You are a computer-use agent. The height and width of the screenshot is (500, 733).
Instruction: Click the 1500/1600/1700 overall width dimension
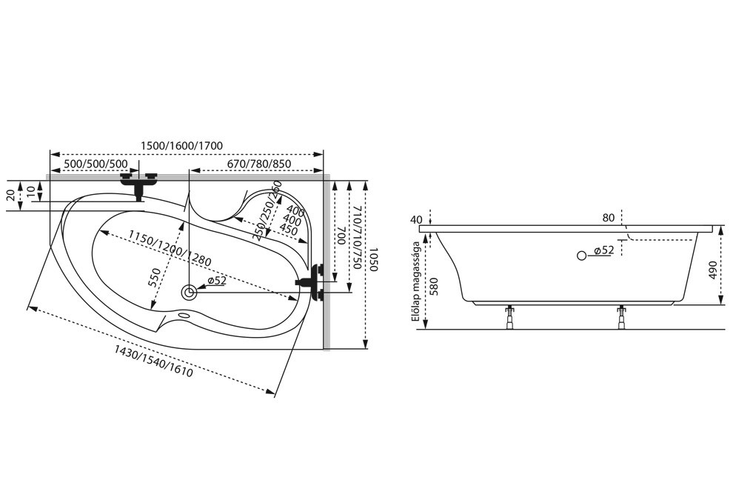(x=182, y=145)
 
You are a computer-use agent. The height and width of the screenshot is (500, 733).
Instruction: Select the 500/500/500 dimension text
(x=96, y=164)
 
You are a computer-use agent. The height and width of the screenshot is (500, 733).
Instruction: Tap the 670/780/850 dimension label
(x=259, y=164)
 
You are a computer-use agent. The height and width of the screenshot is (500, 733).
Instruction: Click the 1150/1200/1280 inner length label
(x=170, y=248)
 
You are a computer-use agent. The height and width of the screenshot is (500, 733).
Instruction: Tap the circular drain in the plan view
(x=190, y=293)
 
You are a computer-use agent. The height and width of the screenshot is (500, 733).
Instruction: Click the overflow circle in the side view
(x=581, y=256)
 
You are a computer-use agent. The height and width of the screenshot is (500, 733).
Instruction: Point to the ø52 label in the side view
(x=603, y=251)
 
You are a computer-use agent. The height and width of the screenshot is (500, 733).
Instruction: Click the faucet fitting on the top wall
(x=139, y=184)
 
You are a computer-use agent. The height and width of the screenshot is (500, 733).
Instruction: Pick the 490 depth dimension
(x=713, y=270)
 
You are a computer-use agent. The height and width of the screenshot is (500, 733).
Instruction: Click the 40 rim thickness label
(x=416, y=220)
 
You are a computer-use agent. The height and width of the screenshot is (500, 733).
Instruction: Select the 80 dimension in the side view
(x=608, y=218)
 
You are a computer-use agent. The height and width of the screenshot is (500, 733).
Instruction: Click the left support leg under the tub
(x=509, y=317)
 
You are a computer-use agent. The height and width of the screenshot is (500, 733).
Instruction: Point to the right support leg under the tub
(x=621, y=317)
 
